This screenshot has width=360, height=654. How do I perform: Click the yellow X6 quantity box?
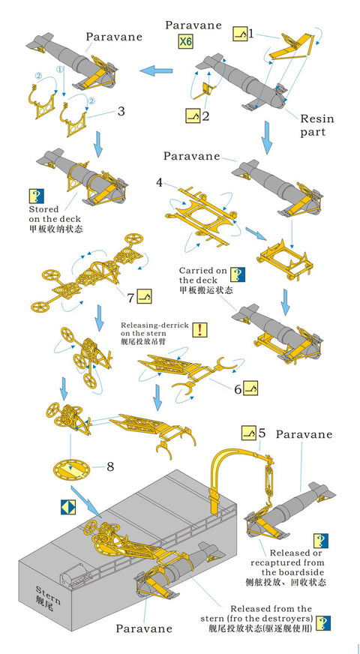pos(184,42)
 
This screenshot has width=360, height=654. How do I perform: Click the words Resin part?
pos(316,124)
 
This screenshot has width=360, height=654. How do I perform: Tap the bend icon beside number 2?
pos(192,116)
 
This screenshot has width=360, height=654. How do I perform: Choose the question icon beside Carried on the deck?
pos(237,274)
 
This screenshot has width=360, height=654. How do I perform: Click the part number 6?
pos(238,389)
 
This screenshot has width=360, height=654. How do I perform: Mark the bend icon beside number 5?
pos(248,433)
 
